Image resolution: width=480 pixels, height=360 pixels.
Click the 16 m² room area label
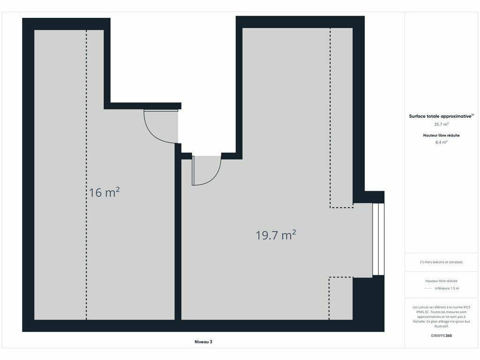pyautogui.click(x=105, y=192)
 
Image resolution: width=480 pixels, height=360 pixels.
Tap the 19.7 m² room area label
pyautogui.click(x=276, y=235)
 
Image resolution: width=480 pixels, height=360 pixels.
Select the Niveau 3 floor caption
pyautogui.click(x=203, y=342)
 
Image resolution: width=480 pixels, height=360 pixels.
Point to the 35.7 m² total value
pyautogui.click(x=441, y=124)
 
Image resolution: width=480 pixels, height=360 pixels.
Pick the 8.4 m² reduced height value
pyautogui.click(x=441, y=142)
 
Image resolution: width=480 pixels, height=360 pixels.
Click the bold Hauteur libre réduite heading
pyautogui.click(x=441, y=135)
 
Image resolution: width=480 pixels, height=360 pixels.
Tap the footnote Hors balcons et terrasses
pyautogui.click(x=441, y=262)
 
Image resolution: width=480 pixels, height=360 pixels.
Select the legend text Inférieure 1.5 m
pyautogui.click(x=447, y=288)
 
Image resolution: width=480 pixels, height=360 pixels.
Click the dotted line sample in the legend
pyautogui.click(x=428, y=288)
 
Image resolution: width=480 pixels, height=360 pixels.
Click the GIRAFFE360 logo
pyautogui.click(x=441, y=336)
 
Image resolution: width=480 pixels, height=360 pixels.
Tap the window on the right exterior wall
pyautogui.click(x=378, y=239)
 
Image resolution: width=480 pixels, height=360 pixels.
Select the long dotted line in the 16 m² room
pyautogui.click(x=86, y=175)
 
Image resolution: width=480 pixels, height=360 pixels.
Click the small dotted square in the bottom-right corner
pyautogui.click(x=341, y=299)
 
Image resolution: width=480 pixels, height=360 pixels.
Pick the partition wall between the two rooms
pyautogui.click(x=178, y=232)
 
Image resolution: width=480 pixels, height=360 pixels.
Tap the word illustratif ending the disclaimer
pyautogui.click(x=441, y=326)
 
